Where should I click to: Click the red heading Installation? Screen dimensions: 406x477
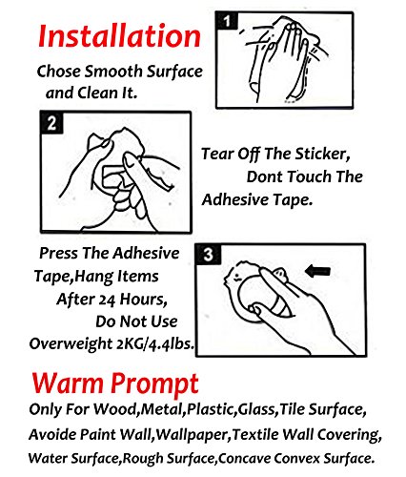[x=119, y=36]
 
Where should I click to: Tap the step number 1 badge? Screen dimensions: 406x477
[x=226, y=21]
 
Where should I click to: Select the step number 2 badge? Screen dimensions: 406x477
[x=51, y=123]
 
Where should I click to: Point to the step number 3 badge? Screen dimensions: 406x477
[x=208, y=255]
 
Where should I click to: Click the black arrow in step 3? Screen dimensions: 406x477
[x=317, y=271]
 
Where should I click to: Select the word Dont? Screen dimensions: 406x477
[x=265, y=176]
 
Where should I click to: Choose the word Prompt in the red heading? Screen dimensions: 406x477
[x=154, y=384]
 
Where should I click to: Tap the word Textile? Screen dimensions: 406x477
[x=255, y=434]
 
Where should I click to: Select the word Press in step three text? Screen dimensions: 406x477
[x=58, y=254]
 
